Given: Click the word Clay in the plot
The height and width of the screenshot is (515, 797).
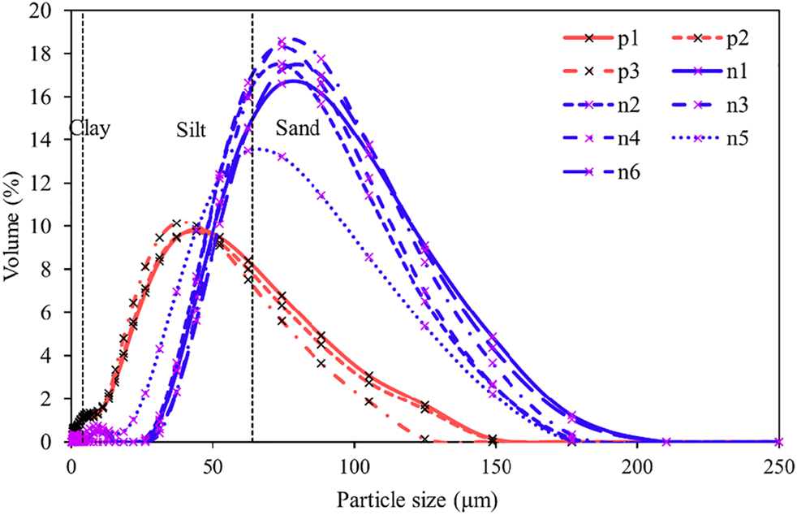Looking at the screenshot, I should [89, 128].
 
